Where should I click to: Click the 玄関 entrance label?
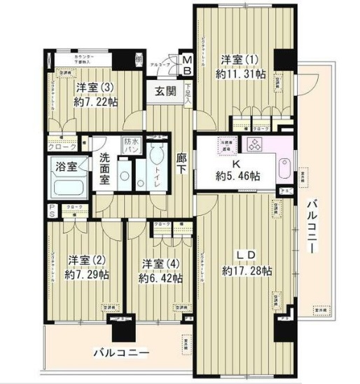165,91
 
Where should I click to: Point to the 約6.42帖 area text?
160,278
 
